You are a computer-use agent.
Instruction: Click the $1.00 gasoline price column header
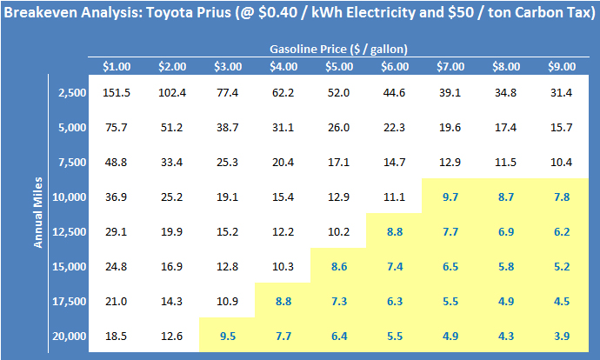click(x=117, y=66)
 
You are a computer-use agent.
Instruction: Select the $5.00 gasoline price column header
click(x=339, y=66)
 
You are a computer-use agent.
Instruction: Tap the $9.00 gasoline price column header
click(x=562, y=66)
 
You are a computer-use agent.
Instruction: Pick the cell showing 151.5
click(x=117, y=92)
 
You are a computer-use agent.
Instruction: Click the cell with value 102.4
click(x=172, y=92)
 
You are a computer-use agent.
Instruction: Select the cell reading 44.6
click(x=395, y=92)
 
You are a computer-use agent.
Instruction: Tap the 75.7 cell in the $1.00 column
click(x=117, y=127)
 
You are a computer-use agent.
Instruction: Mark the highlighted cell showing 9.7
click(x=450, y=197)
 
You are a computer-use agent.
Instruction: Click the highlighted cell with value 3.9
click(x=562, y=336)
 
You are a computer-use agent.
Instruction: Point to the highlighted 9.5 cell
click(x=228, y=336)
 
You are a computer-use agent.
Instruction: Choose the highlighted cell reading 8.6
click(x=339, y=266)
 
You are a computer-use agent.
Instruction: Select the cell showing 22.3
click(x=395, y=127)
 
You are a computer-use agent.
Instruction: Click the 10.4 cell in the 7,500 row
click(x=562, y=162)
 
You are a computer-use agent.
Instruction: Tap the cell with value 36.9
click(x=117, y=197)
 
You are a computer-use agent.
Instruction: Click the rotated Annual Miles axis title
click(x=39, y=214)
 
